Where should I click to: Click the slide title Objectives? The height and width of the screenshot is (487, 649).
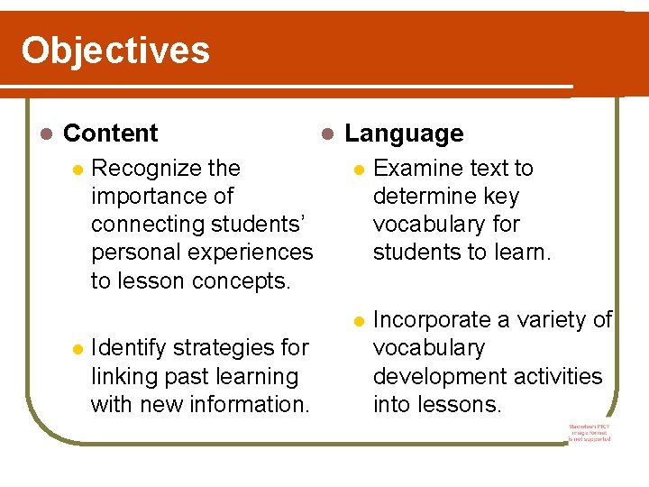(x=115, y=51)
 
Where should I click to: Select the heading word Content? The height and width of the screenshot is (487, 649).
(x=111, y=133)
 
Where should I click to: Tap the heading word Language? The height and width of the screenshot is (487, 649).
(x=404, y=133)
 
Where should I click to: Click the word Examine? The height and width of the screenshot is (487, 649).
(x=412, y=169)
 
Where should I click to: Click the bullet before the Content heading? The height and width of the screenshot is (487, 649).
(x=48, y=134)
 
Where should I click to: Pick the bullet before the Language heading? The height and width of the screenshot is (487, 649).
(x=328, y=134)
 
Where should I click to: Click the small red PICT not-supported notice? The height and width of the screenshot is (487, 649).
(x=590, y=432)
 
